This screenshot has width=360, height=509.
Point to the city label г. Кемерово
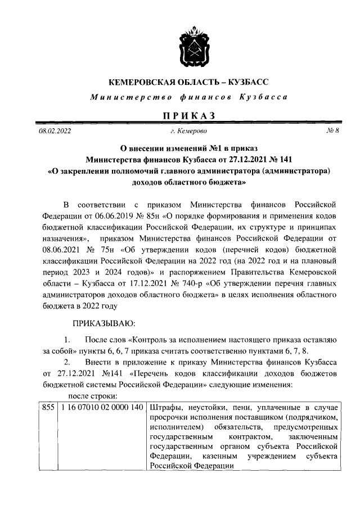pyautogui.click(x=188, y=131)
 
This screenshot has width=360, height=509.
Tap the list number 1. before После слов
pyautogui.click(x=67, y=340)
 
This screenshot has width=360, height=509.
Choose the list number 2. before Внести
pyautogui.click(x=67, y=362)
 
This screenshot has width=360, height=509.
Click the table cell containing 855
pyautogui.click(x=48, y=407)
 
